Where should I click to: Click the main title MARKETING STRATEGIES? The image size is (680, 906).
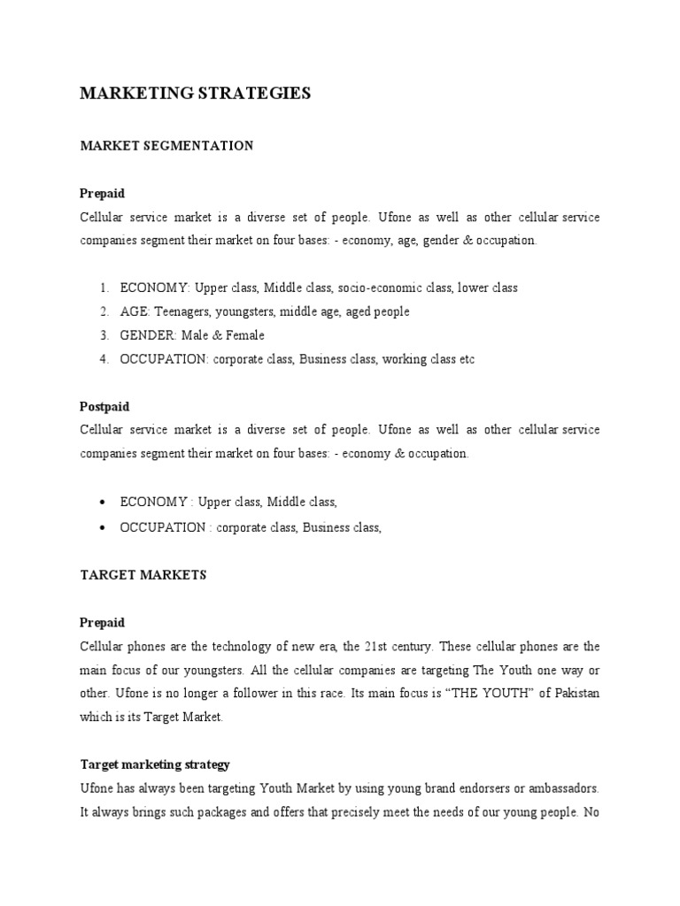point(195,94)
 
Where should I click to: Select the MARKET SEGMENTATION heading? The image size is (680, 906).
point(166,145)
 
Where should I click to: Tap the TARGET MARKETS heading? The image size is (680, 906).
point(143,575)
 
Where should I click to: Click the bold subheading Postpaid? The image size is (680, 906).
point(104,407)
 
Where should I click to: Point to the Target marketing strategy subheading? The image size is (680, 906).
point(155,740)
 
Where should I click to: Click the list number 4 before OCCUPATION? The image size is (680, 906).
point(104,360)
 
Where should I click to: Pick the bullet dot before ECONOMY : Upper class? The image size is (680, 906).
point(104,503)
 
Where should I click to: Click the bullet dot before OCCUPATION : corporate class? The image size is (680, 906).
point(104,527)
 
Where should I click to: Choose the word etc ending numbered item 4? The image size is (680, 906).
point(466,360)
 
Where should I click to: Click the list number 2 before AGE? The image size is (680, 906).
point(104,312)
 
